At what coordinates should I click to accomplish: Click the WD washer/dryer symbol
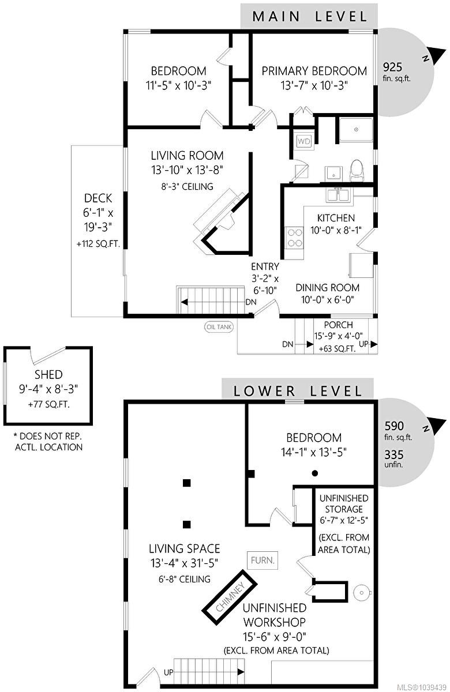[x=304, y=141]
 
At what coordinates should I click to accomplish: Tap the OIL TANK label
[x=219, y=327]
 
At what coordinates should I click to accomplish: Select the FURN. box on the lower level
[x=262, y=560]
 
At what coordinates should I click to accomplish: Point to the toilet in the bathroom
[x=357, y=171]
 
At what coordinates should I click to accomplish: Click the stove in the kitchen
[x=295, y=238]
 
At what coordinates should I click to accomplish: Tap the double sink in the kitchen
[x=339, y=195]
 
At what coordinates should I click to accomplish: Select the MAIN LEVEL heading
[x=309, y=16]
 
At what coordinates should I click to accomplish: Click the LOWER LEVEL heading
[x=297, y=391]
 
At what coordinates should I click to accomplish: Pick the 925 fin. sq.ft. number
[x=392, y=67]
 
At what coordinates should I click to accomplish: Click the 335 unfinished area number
[x=393, y=454]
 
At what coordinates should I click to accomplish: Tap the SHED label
[x=48, y=374]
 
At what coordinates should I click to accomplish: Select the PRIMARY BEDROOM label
[x=314, y=71]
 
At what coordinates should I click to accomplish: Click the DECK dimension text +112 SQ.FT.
[x=98, y=244]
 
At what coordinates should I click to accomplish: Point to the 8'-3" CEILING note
[x=187, y=187]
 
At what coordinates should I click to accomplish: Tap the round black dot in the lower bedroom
[x=315, y=473]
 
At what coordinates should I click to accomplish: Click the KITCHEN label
[x=336, y=218]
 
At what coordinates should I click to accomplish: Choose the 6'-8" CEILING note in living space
[x=185, y=579]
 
